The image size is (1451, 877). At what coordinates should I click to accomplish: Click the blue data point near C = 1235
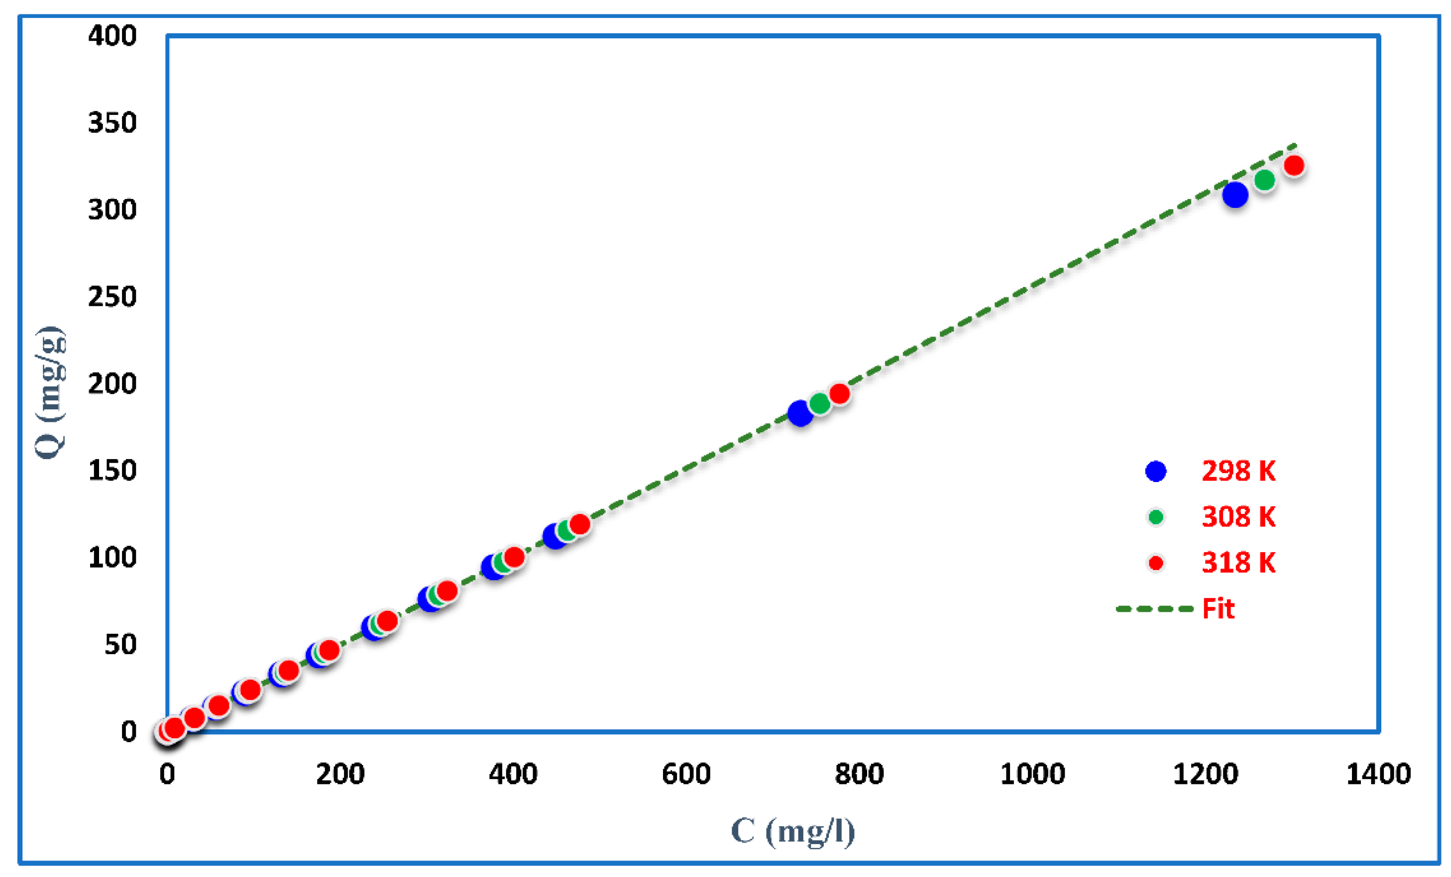1235,195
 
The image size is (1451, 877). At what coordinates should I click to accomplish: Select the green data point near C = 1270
1264,180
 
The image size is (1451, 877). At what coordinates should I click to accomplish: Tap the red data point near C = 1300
1294,165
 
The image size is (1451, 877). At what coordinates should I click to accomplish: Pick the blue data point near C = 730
800,413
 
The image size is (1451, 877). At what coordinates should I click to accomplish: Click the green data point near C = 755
820,403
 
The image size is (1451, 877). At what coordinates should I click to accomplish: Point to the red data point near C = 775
839,394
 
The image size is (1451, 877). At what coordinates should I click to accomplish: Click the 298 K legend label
1238,471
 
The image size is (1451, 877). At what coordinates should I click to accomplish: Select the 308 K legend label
1238,517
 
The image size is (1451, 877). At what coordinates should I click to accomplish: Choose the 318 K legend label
1238,563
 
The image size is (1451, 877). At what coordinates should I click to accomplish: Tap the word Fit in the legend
1218,608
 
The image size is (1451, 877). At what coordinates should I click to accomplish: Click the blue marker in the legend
1156,471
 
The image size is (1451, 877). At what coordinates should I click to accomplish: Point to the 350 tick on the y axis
112,123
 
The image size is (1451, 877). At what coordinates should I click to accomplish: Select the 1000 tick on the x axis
1032,774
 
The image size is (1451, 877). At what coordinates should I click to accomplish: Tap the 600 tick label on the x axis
686,774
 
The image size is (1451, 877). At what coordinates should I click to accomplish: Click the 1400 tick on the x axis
1378,774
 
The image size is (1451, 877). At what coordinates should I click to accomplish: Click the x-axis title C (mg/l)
792,832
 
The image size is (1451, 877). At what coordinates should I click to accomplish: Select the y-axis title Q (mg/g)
51,392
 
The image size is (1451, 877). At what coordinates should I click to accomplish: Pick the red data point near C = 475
579,524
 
